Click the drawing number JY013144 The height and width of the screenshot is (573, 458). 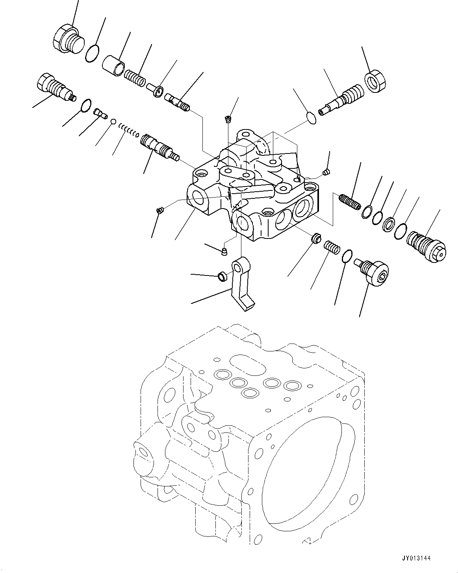(428, 558)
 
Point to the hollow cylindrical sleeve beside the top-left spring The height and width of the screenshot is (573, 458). (115, 65)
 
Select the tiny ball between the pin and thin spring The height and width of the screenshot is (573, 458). (113, 122)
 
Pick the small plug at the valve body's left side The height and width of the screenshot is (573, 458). (160, 211)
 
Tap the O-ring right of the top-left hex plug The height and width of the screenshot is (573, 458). (92, 54)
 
